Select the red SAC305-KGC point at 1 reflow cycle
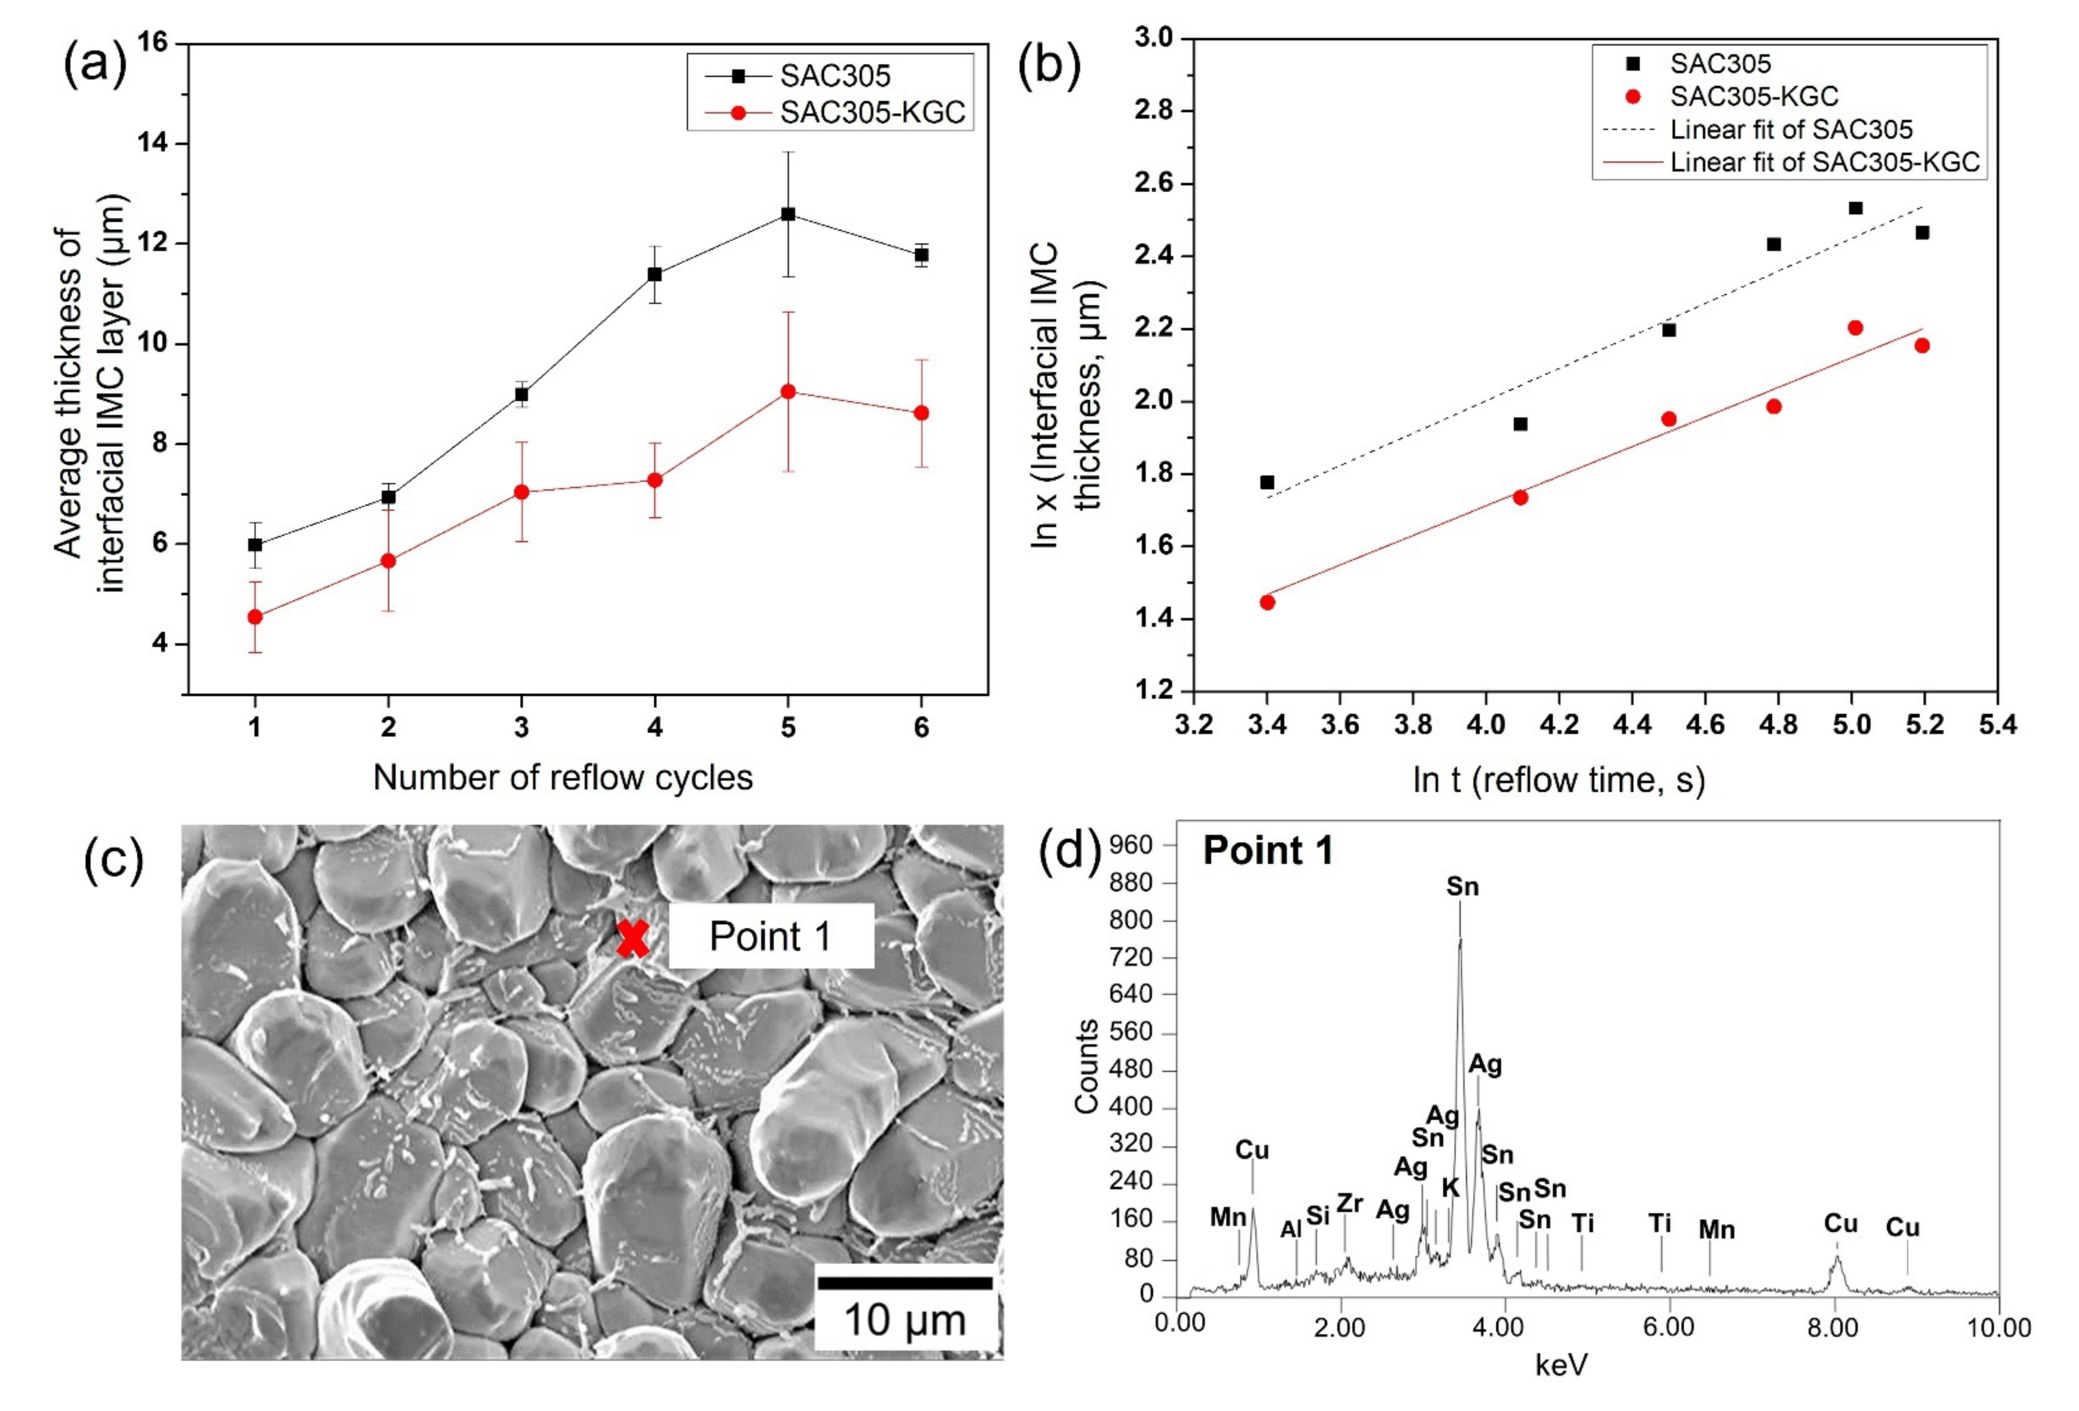coord(255,616)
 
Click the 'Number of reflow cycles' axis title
coord(563,777)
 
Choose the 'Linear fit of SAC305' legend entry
coord(1791,130)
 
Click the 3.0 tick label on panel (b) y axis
coord(1154,38)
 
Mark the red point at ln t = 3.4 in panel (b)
coord(1267,602)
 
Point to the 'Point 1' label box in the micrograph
coord(770,936)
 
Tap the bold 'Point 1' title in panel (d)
coord(1267,850)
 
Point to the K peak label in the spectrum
coord(1450,1188)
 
